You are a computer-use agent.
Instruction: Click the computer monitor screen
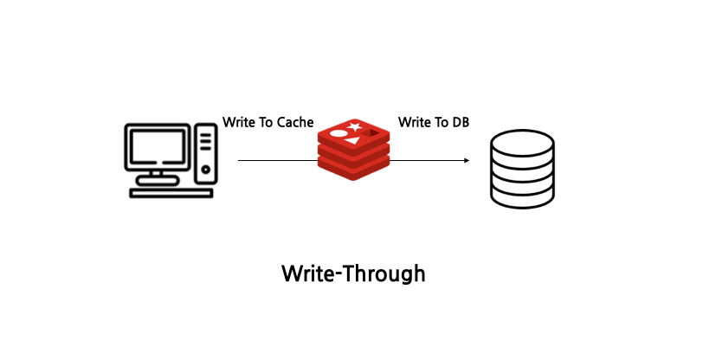click(158, 147)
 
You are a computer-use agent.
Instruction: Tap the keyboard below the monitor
click(171, 193)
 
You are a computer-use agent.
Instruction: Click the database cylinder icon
click(521, 170)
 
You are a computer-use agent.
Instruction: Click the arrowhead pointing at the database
click(466, 160)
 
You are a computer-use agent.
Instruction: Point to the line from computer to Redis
click(277, 160)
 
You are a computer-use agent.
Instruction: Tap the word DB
click(461, 122)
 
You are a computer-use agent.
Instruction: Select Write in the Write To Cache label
click(238, 122)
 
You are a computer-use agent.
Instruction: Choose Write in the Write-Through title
click(308, 274)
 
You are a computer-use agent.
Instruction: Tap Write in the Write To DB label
click(414, 122)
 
